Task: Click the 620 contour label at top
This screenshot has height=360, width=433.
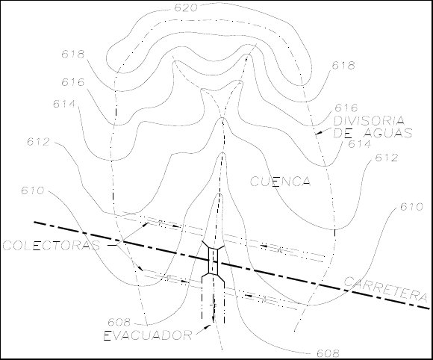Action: point(186,8)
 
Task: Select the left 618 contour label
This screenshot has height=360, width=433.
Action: point(73,55)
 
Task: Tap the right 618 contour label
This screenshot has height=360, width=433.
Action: point(343,66)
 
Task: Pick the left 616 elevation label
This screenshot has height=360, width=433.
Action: point(73,82)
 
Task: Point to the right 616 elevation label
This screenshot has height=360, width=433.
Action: point(346,108)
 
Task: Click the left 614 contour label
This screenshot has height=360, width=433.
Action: point(64,104)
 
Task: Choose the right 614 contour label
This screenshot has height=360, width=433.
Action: point(360,144)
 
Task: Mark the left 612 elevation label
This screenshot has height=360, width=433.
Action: point(38,142)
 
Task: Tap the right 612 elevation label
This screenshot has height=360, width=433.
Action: point(387,158)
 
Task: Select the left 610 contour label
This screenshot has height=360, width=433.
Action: point(33,190)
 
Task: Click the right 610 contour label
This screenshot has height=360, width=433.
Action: point(411,207)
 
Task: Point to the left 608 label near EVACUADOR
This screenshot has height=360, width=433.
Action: point(119,322)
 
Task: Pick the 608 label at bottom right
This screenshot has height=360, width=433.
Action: point(328,353)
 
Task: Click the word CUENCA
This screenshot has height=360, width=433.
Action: point(280,181)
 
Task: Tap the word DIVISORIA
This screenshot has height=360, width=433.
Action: point(370,121)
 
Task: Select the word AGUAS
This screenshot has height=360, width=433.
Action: point(388,133)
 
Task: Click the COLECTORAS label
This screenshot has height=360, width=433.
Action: point(52,246)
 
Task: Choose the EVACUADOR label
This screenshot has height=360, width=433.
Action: point(148,335)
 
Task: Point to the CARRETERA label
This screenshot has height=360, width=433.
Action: point(385,289)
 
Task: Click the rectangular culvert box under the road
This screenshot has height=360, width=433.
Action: point(213,261)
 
